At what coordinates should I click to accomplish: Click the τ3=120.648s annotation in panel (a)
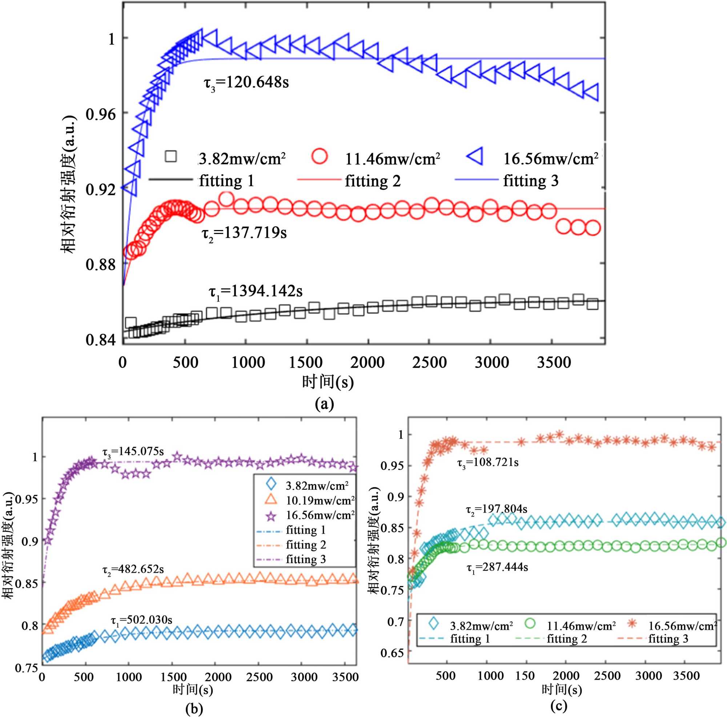pos(246,83)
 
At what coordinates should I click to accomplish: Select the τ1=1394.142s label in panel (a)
pos(256,292)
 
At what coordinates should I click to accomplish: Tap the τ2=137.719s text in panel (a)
pos(245,233)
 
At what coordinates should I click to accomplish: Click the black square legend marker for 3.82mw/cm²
pos(171,156)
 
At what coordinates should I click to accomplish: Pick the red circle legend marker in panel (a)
pos(320,156)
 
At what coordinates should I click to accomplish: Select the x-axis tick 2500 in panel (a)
pos(430,363)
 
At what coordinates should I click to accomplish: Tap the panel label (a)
pos(324,404)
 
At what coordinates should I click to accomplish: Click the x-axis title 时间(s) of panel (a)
pos(328,382)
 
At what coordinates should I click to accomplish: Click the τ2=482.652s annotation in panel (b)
pos(133,569)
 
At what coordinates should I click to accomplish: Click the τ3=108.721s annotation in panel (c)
pos(488,463)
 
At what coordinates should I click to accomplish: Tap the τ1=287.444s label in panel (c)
pos(497,567)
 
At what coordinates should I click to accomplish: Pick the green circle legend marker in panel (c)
pos(530,623)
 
